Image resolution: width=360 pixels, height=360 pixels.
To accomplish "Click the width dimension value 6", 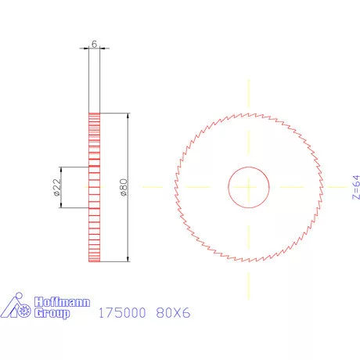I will [x=94, y=45].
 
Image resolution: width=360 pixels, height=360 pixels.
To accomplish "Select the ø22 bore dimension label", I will [x=57, y=187].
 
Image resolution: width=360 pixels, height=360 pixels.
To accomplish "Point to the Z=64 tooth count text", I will [x=355, y=188].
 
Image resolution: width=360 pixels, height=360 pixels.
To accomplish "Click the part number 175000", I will [x=122, y=313].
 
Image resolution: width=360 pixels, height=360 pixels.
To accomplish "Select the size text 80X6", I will [x=174, y=313].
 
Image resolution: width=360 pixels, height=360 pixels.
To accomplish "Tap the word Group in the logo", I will [x=53, y=313].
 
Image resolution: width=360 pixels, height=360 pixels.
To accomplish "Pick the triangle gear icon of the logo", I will [x=20, y=308].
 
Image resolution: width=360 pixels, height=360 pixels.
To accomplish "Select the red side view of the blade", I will [x=95, y=187].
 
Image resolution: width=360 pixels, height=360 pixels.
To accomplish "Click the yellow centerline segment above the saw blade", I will [x=249, y=94].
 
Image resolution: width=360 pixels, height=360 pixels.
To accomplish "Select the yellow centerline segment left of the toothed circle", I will [x=157, y=187].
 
